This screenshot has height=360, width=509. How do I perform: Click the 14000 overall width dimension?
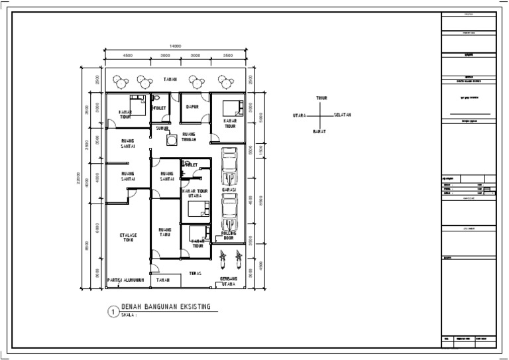pos(175,45)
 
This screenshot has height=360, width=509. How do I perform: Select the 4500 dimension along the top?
pos(128,56)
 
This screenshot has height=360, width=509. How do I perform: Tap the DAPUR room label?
pos(193,106)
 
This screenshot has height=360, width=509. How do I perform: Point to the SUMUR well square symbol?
pos(171,140)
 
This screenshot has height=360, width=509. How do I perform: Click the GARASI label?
pos(229,190)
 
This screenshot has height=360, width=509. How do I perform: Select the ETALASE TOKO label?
pos(128,237)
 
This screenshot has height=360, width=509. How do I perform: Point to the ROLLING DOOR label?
pos(229,235)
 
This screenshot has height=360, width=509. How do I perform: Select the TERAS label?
pos(196,273)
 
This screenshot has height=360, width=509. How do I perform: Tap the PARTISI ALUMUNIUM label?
pos(126,280)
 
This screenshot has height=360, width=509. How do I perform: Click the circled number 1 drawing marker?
pos(113,310)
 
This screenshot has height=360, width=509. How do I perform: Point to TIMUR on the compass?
pos(321,98)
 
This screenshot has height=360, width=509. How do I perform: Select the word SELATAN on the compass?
pos(342,115)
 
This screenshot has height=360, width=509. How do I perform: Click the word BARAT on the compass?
pos(319,133)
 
